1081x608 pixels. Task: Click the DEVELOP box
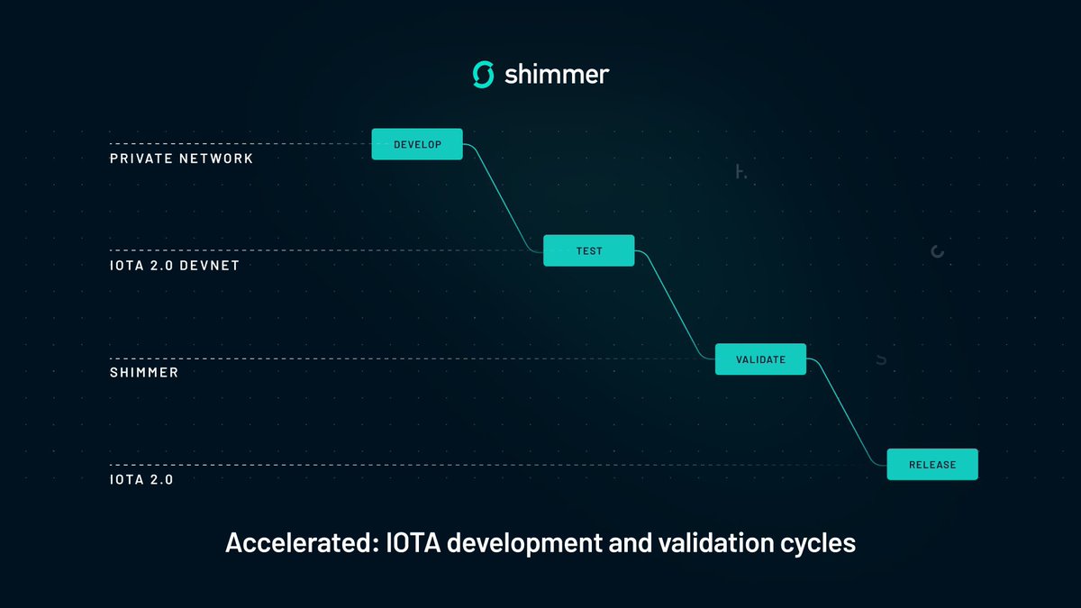tap(417, 144)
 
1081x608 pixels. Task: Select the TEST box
tap(589, 250)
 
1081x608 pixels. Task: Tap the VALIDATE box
tap(760, 359)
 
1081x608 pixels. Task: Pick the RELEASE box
tap(932, 465)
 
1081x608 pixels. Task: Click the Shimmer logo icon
tap(484, 75)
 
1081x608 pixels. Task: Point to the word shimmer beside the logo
tap(556, 75)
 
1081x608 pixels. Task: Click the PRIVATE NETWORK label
tap(181, 159)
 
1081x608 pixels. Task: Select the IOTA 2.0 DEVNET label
tap(175, 266)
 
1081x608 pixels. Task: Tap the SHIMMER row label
tap(144, 372)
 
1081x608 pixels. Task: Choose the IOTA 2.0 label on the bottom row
tap(141, 480)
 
